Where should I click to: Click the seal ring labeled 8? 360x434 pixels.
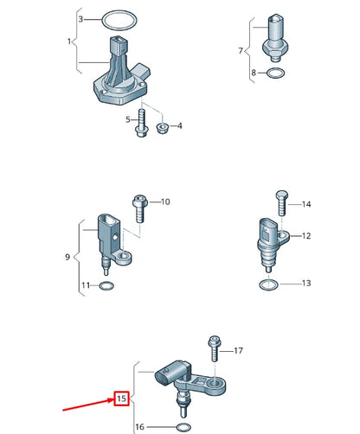273,73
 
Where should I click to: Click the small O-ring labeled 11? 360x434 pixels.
106,285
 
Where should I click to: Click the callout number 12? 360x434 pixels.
305,235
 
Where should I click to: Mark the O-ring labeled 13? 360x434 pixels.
270,283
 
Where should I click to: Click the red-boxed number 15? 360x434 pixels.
121,399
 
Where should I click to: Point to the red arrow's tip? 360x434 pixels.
108,397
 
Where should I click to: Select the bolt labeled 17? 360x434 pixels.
213,350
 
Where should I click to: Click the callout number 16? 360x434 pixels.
141,427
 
